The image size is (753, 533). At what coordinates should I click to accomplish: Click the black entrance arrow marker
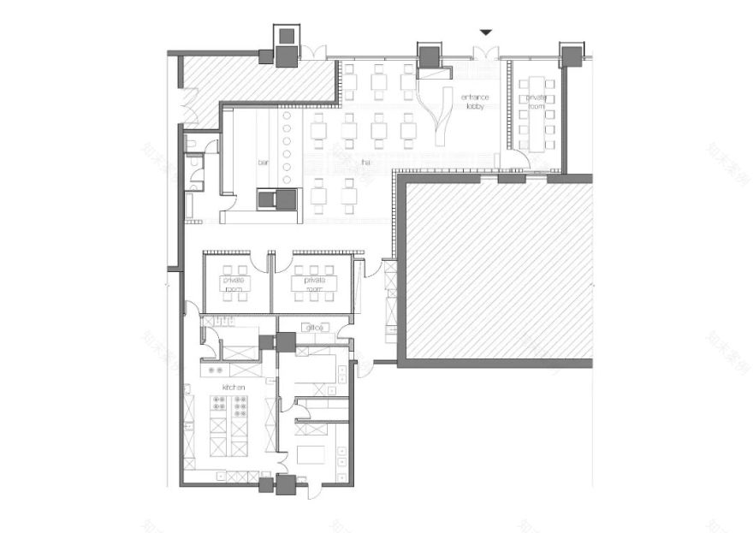[x=485, y=33]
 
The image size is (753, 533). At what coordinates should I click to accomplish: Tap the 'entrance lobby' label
[x=475, y=102]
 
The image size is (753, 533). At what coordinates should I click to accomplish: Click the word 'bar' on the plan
[x=264, y=160]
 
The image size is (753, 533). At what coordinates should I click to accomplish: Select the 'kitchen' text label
[x=234, y=388]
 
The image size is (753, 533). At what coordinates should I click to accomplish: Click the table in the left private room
[x=234, y=285]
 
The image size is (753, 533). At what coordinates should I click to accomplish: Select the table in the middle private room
[x=311, y=285]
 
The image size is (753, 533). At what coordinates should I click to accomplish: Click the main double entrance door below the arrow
[x=485, y=54]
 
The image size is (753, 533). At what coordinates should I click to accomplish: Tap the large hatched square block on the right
[x=498, y=270]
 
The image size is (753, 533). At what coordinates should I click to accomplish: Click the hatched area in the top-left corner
[x=257, y=79]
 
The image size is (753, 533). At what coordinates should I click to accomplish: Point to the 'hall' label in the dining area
[x=365, y=160]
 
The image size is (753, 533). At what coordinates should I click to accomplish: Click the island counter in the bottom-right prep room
[x=312, y=453]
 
